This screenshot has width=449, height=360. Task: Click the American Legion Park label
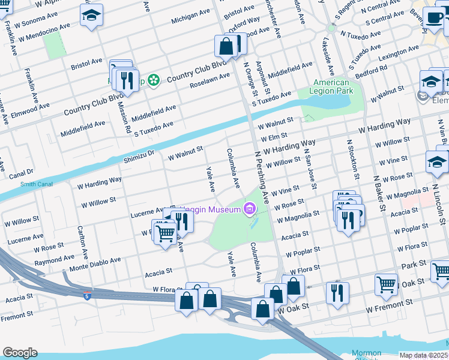[x=331, y=86]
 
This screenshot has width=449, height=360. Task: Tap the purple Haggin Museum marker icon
[x=249, y=209]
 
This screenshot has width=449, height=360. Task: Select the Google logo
[x=20, y=353]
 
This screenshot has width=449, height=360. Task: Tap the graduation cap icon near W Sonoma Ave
[x=91, y=14]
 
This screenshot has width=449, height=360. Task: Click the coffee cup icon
[x=433, y=16]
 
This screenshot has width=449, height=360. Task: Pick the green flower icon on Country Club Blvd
[x=154, y=79]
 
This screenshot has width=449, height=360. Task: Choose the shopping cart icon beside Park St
[x=386, y=283]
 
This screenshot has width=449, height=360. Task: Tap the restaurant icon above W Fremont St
[x=337, y=292]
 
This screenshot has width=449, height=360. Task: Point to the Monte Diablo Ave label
[x=95, y=263]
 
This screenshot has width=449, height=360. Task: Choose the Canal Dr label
[x=22, y=172]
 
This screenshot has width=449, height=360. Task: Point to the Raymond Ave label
[x=54, y=260]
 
